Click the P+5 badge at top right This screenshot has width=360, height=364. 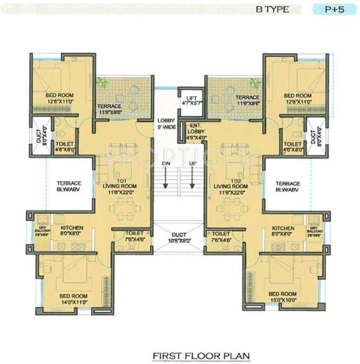[333, 9]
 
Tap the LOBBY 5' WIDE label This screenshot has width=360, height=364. [165, 124]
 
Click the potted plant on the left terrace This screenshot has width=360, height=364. [102, 83]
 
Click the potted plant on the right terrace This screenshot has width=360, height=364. [256, 83]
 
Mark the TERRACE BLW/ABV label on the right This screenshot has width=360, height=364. [287, 186]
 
